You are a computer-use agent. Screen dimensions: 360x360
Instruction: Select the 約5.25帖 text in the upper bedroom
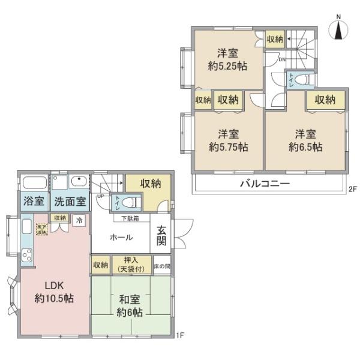[227, 67]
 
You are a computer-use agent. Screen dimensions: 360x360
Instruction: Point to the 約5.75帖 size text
[229, 146]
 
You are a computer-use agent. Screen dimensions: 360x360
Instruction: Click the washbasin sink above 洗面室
[79, 182]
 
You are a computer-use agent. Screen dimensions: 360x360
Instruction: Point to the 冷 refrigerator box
[79, 220]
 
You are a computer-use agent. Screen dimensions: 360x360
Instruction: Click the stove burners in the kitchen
[27, 255]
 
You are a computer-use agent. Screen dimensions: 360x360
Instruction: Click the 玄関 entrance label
[161, 235]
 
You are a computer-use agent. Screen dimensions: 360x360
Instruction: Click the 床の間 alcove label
[162, 265]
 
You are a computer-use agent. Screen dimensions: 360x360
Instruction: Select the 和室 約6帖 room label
[130, 306]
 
